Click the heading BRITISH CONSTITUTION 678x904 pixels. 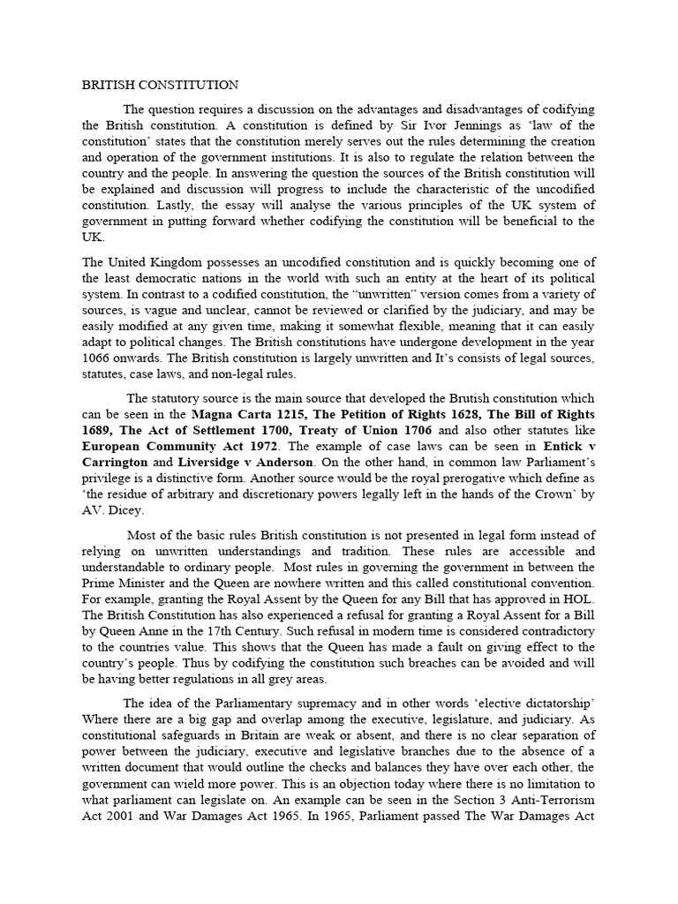coord(160,86)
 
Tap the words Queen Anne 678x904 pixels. coord(137,634)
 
